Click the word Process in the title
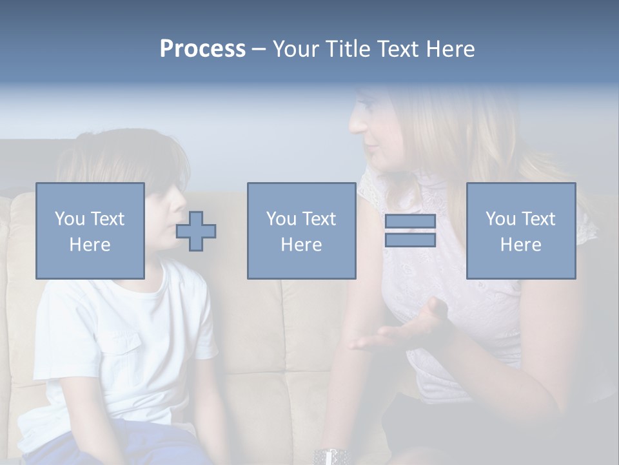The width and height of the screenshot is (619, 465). (202, 49)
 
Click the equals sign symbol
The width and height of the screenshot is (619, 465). (410, 231)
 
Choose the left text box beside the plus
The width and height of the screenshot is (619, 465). (90, 231)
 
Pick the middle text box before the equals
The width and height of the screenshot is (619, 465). (301, 231)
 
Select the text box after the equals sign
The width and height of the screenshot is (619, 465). (520, 231)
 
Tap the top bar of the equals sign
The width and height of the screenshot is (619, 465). (410, 222)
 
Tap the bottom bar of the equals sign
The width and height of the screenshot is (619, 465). (410, 240)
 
